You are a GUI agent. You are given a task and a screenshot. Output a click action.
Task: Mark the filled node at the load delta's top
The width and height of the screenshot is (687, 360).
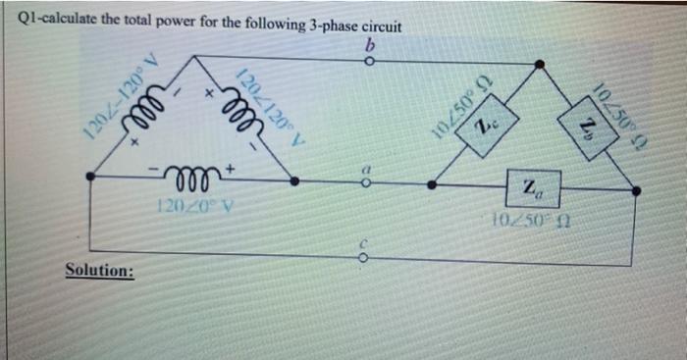tap(539, 66)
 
